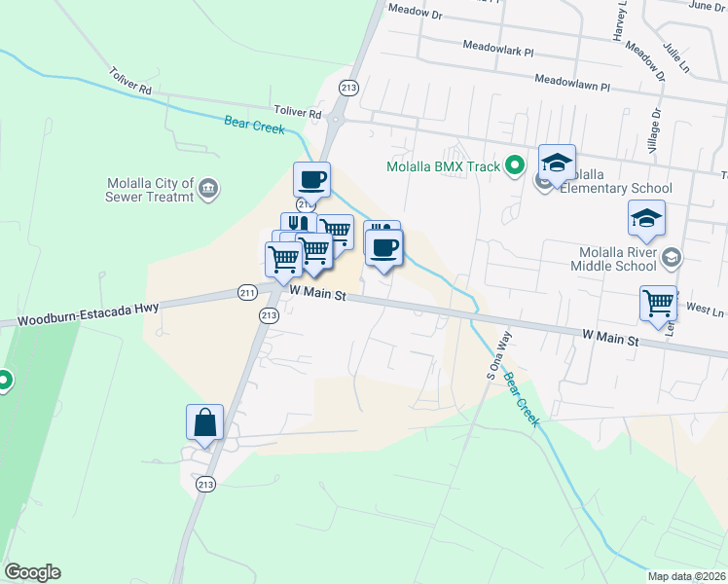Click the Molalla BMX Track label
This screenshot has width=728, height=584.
pos(443,166)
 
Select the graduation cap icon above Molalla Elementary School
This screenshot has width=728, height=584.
pos(558,162)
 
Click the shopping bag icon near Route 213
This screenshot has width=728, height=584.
pos(205,422)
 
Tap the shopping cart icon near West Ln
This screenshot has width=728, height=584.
pos(658,302)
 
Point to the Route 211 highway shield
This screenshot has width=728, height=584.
pos(247,291)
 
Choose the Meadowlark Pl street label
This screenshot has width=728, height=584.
pos(498,47)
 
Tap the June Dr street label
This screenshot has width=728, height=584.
pos(707,6)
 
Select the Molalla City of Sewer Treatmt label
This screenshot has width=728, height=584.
pos(150,193)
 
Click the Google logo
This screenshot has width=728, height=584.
pos(32,572)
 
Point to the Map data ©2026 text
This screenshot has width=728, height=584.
pos(686,576)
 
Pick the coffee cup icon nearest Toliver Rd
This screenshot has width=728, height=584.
pos(311,179)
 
